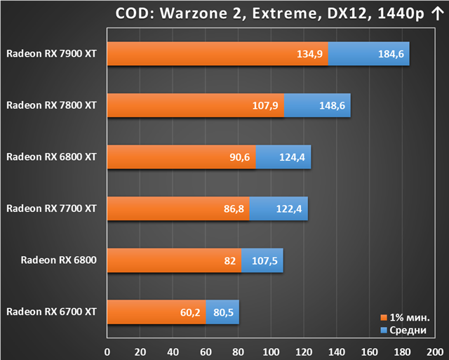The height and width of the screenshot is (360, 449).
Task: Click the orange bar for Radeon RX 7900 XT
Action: tap(217, 53)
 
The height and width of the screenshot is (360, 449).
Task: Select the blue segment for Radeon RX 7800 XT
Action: tap(317, 105)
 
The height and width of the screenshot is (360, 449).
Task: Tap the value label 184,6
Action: tap(391, 54)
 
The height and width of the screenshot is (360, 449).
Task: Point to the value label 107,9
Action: tap(265, 106)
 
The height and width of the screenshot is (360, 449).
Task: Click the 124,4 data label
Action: tap(292, 157)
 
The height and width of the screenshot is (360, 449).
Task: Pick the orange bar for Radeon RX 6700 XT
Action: tap(156, 312)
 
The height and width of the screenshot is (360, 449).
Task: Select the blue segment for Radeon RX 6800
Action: tap(262, 260)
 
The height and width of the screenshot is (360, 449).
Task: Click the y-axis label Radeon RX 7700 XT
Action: tap(51, 208)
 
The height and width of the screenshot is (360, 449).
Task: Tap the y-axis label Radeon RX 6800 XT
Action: tap(51, 157)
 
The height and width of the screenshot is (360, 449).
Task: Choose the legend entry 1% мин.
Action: tap(406, 318)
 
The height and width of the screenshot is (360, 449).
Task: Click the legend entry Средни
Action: tap(404, 331)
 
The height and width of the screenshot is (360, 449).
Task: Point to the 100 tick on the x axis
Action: tap(271, 352)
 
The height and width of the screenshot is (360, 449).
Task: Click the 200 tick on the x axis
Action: tap(435, 352)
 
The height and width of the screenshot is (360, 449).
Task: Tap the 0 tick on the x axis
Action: tap(107, 352)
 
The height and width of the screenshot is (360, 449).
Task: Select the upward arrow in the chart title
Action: tap(437, 14)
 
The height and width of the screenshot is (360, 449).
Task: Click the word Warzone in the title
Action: tap(194, 13)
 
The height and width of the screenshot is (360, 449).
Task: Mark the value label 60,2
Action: tap(190, 312)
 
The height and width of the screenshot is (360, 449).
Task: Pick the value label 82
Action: tap(230, 261)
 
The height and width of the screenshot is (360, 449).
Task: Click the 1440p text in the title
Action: tap(401, 14)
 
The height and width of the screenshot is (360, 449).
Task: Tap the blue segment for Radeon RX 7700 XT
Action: tap(279, 208)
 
